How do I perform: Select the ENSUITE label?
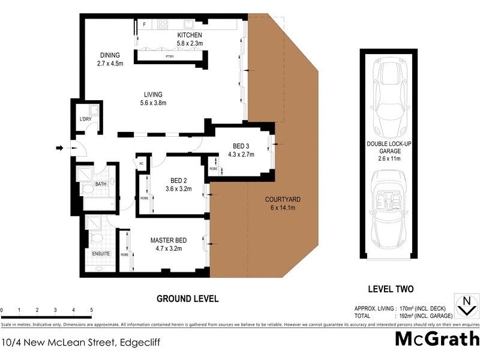click(101, 254)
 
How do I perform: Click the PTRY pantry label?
click(170, 56)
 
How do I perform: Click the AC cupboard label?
click(141, 163)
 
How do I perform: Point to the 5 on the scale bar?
click(91, 310)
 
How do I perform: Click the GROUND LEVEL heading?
click(187, 298)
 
